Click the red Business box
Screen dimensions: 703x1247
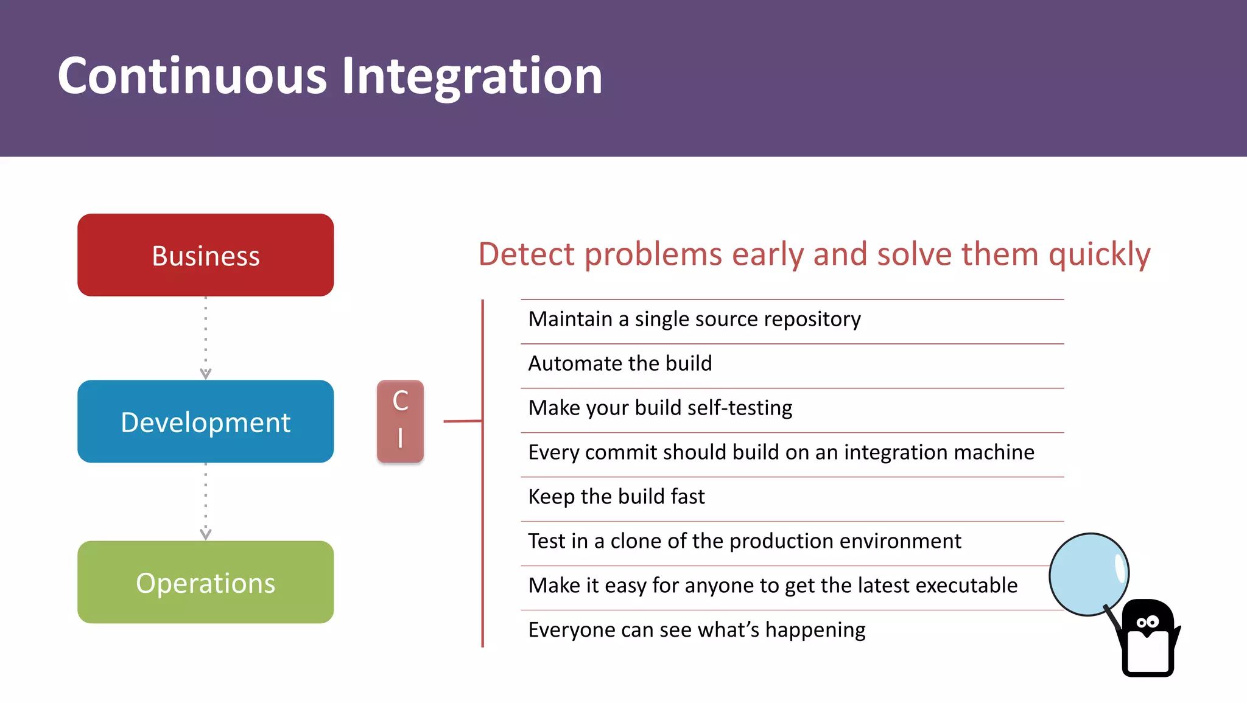coord(205,255)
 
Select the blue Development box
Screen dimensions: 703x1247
coord(205,421)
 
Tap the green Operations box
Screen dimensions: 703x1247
coord(205,582)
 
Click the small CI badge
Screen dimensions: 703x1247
coord(400,421)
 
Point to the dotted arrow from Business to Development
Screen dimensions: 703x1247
coord(206,338)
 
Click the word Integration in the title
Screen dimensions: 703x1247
coord(472,76)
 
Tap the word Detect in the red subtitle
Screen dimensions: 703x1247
coord(526,254)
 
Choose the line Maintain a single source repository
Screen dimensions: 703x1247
coord(694,319)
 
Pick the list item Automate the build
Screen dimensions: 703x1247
coord(620,363)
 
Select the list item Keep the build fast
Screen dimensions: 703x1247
coord(616,497)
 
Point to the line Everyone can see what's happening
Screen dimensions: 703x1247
coord(697,630)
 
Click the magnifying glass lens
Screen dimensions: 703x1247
coord(1089,574)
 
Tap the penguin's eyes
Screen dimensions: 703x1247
coord(1147,622)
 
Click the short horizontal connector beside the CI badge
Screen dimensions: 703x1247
coord(463,421)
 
